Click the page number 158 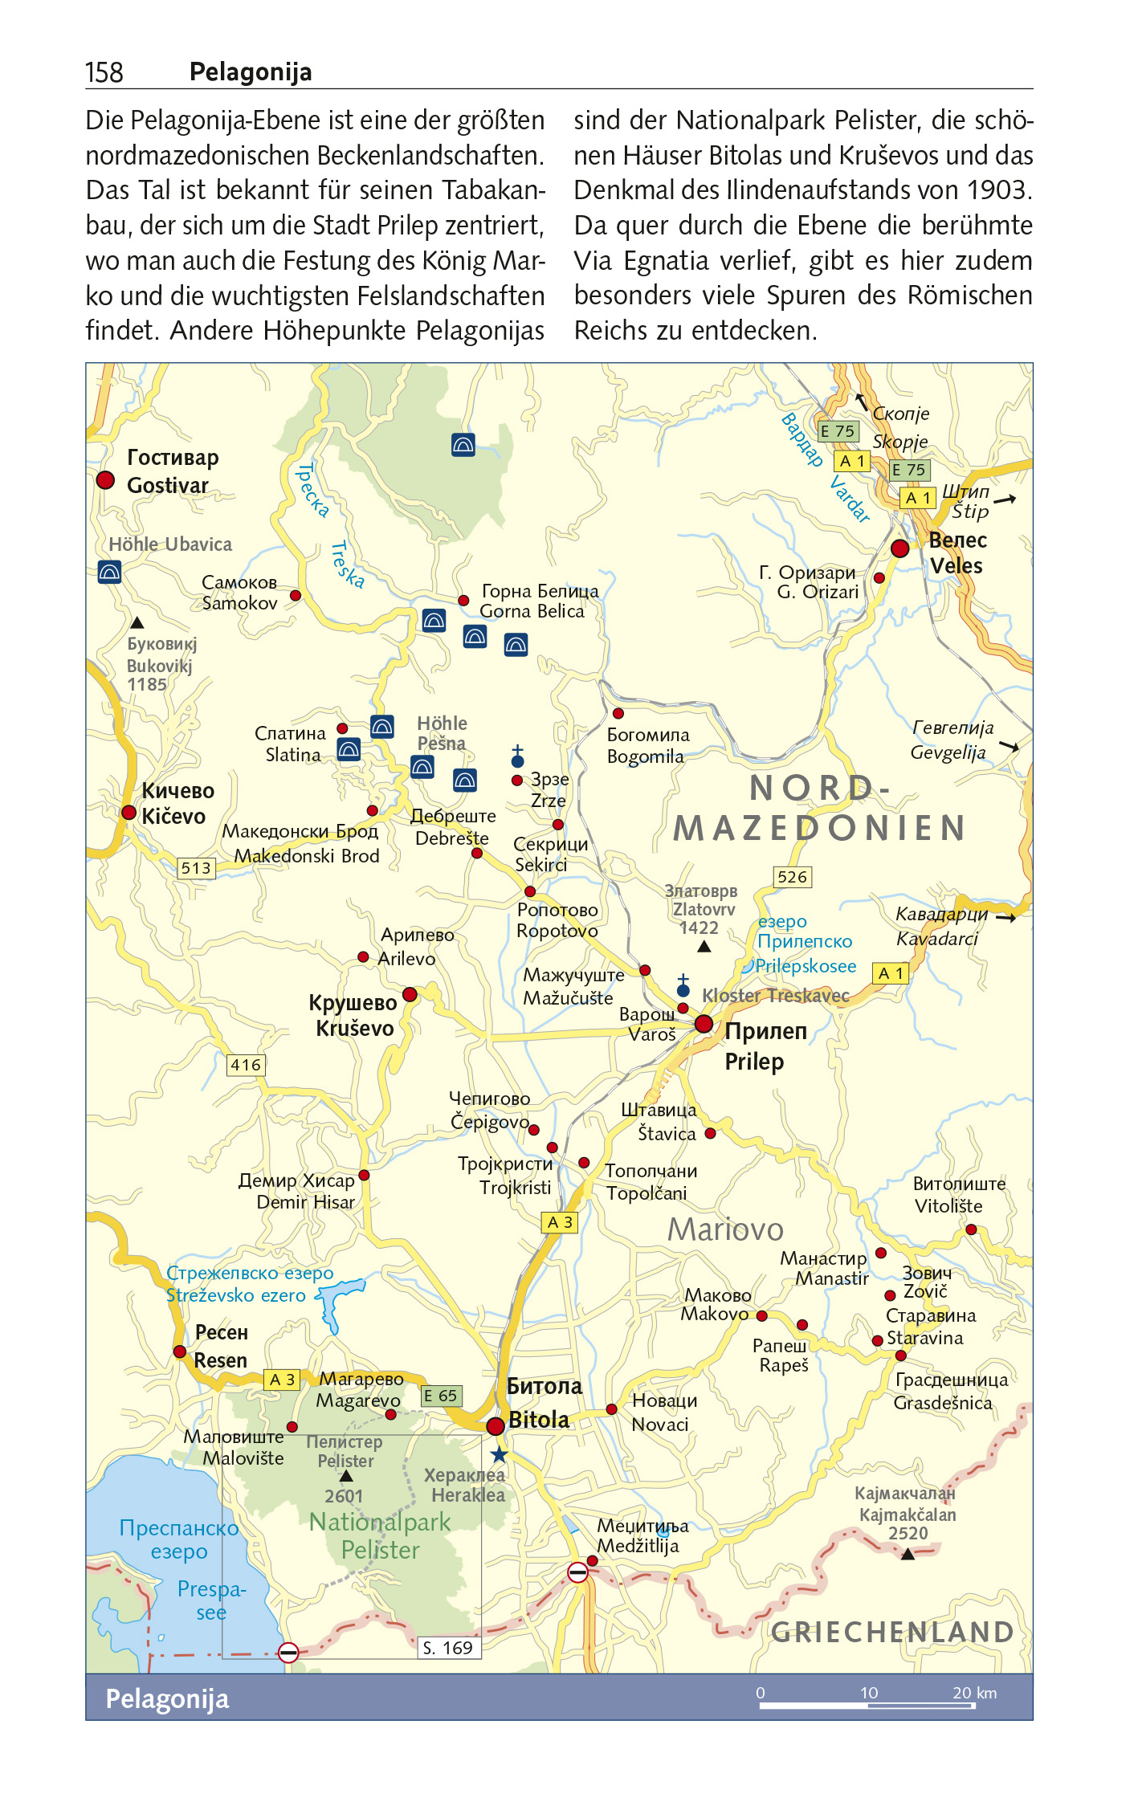[104, 73]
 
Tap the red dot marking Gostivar [105, 480]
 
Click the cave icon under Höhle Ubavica [109, 572]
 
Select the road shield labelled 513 [196, 868]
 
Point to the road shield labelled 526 [792, 877]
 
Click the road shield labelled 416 [246, 1065]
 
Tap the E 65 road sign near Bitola [441, 1396]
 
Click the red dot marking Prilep [704, 1023]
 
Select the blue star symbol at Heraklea [500, 1454]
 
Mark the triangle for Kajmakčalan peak [908, 1555]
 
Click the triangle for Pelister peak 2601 [346, 1476]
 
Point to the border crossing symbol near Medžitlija [577, 1572]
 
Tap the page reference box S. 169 [448, 1648]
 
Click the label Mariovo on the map [724, 1229]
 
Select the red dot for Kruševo [410, 994]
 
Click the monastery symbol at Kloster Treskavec [683, 987]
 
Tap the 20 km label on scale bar [973, 1693]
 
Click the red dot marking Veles [899, 548]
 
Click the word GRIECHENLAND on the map [891, 1632]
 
